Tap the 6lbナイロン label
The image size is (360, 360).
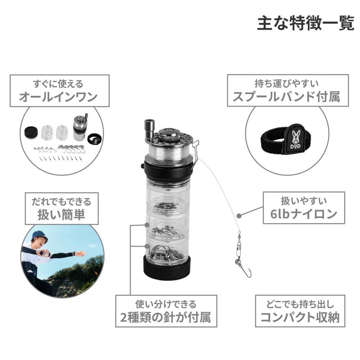pos(304,214)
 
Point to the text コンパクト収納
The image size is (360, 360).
pos(300,318)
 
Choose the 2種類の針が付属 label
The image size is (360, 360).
pos(166,318)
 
